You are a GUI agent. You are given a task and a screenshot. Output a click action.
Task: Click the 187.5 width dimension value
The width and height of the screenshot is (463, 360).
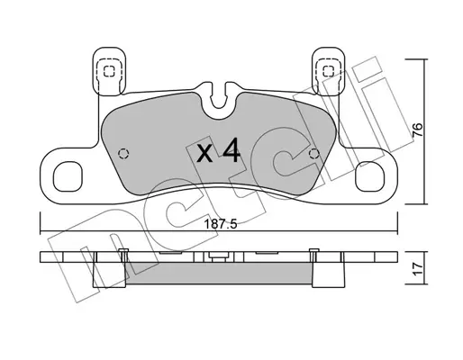(221, 224)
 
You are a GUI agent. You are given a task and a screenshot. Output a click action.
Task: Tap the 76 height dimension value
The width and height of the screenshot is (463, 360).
(417, 130)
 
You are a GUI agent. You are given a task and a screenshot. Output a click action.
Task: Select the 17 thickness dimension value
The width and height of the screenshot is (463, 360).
(418, 269)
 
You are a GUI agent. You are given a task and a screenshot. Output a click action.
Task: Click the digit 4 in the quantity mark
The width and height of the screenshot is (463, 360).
(231, 150)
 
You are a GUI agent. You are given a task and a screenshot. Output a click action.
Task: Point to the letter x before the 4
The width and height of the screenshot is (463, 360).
(204, 154)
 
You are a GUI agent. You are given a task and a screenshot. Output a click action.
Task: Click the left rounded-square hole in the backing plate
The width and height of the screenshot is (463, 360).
(68, 176)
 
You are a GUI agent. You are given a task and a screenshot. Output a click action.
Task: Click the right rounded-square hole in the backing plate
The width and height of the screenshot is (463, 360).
(369, 176)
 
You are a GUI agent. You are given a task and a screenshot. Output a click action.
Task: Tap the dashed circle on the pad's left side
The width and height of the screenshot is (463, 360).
(123, 154)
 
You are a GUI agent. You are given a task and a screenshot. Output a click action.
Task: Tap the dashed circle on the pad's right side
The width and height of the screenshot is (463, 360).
(314, 154)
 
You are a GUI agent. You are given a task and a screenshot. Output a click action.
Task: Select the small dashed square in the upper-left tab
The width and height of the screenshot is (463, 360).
(109, 71)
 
